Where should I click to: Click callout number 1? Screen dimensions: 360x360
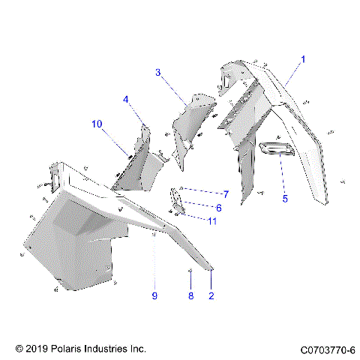(303, 58)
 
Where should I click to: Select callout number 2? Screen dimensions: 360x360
(211, 295)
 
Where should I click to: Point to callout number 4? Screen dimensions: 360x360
(127, 99)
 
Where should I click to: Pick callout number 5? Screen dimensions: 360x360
(284, 199)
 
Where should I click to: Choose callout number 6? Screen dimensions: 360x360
(218, 208)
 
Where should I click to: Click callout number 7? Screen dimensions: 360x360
(225, 194)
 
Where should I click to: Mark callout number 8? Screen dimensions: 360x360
(190, 295)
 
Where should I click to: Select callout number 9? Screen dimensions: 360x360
(154, 295)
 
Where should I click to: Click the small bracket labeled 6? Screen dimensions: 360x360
(178, 199)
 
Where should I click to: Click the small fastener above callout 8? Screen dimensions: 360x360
(190, 270)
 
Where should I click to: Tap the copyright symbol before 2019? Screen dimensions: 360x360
(19, 349)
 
